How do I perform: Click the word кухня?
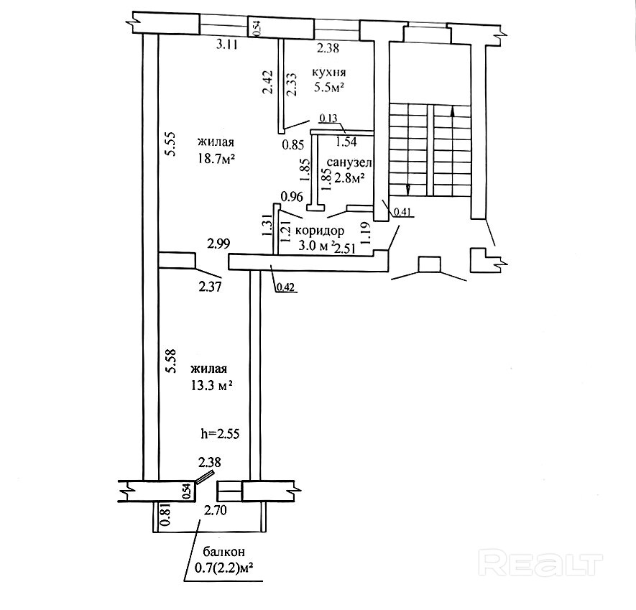coord(330,73)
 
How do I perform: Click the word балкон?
coord(223,552)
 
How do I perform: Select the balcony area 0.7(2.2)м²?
coord(223,568)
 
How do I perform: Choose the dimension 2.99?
coord(218,244)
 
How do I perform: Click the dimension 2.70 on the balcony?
coord(216,512)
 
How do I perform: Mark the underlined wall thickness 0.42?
coord(285,288)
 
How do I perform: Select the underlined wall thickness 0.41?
coord(402,211)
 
